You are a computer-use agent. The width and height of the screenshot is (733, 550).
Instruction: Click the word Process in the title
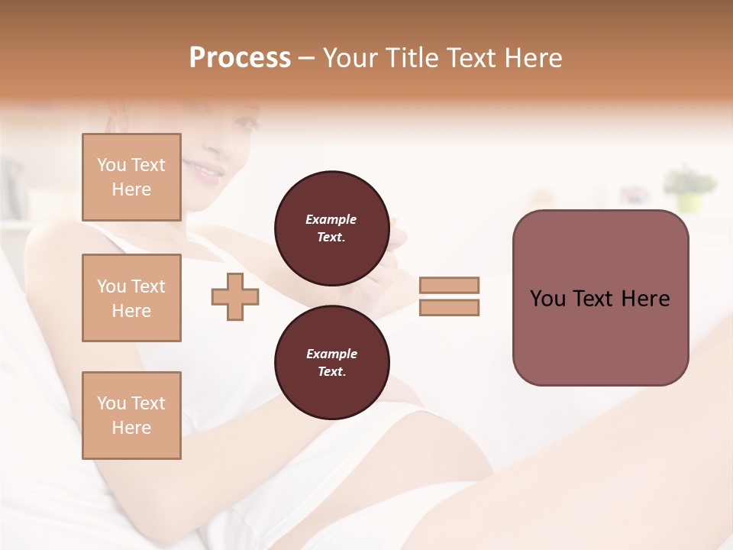pos(240,58)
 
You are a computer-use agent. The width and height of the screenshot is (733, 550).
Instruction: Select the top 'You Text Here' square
pos(131,177)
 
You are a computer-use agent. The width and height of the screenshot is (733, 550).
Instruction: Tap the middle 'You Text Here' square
pos(131,298)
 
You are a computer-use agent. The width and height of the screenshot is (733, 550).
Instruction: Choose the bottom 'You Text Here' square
pos(131,416)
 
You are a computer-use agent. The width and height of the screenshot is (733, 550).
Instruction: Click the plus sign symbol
pos(235,297)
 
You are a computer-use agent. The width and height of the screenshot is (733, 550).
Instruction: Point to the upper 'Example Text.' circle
pos(331,228)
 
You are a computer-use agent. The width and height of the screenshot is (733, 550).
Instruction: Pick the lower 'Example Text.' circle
pos(331,362)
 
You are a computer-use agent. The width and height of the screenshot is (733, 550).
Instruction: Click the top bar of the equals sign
pos(449,286)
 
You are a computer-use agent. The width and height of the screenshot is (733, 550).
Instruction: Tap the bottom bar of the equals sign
pos(449,308)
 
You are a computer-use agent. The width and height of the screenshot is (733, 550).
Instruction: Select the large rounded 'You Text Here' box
pos(600,298)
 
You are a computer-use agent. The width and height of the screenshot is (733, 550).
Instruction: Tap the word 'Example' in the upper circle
pos(331,219)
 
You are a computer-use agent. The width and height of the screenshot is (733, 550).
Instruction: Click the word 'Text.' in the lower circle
pos(331,371)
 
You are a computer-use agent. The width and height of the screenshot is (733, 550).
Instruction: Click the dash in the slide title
pos(307,59)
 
